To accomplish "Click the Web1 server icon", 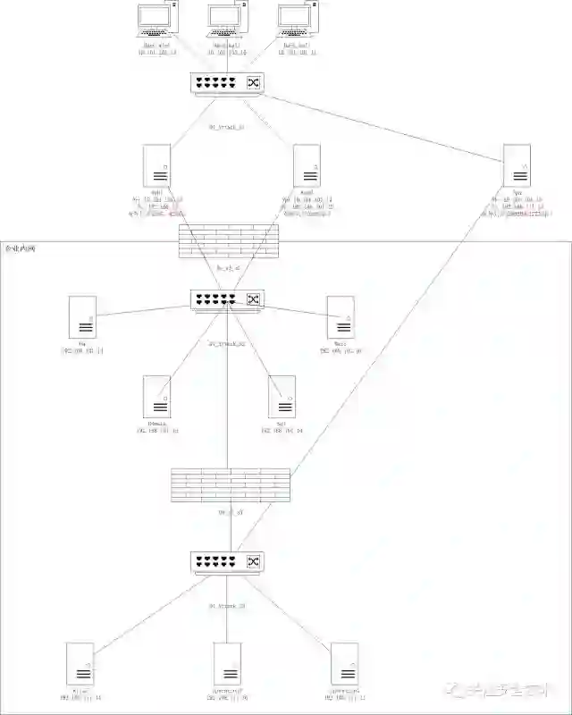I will click(x=157, y=165).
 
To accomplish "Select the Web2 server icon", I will click(x=307, y=165).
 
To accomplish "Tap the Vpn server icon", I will click(x=517, y=165).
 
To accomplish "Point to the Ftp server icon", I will click(x=82, y=317).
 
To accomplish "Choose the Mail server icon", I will click(x=341, y=317).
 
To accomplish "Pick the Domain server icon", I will click(x=157, y=397).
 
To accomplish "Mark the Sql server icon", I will click(x=282, y=397).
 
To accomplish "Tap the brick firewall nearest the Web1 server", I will click(x=229, y=240).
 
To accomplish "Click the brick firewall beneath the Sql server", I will click(x=231, y=484).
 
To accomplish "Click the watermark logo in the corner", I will click(x=458, y=689).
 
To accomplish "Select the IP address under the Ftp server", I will click(x=82, y=351).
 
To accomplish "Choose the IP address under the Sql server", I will click(x=282, y=431).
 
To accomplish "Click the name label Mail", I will click(x=341, y=343).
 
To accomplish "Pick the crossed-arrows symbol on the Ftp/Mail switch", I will click(x=253, y=299).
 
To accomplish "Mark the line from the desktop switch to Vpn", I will click(x=384, y=125).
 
